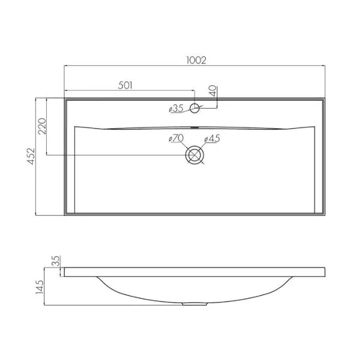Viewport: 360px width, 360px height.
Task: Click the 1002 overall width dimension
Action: pos(196,60)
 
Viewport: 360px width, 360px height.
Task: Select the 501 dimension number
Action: pos(125,85)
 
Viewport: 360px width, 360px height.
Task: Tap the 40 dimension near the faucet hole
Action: pos(213,91)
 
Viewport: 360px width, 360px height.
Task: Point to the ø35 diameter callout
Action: pos(176,109)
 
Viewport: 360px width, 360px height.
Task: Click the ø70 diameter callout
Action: pos(176,138)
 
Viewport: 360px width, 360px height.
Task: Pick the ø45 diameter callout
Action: pos(212,138)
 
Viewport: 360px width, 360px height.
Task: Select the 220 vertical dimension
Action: pos(42,126)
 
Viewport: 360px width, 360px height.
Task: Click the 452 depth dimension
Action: pos(31,156)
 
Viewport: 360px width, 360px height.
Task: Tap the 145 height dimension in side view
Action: pos(39,287)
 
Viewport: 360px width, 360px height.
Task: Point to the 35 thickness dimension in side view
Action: pos(56,261)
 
